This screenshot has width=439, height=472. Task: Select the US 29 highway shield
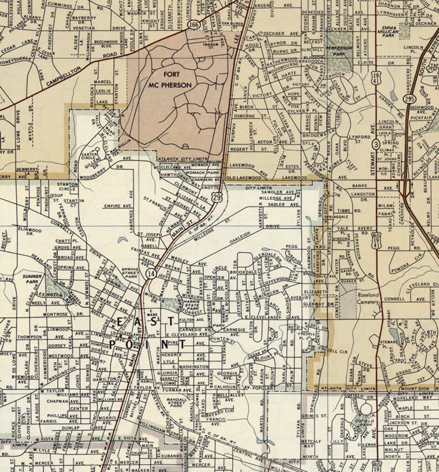(x=219, y=197)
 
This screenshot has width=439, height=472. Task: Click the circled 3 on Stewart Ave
(x=376, y=144)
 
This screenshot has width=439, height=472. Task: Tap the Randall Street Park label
(x=176, y=402)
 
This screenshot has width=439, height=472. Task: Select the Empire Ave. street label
(x=118, y=206)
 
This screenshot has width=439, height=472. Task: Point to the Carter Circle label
(x=90, y=158)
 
